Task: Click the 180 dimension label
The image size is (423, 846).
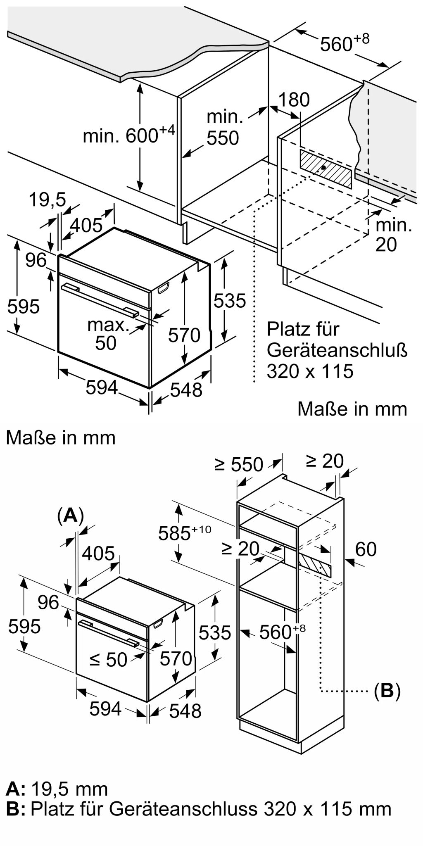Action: click(294, 100)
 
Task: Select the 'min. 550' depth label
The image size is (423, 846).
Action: click(223, 128)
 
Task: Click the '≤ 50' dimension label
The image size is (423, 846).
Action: click(109, 659)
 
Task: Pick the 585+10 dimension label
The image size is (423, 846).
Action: click(185, 533)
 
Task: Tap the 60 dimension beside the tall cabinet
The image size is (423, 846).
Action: click(366, 549)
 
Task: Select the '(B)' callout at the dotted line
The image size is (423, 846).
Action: click(387, 691)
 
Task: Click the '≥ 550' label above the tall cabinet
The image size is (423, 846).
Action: click(239, 464)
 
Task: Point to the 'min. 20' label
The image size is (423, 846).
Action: click(394, 235)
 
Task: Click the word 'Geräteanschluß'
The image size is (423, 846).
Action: click(337, 351)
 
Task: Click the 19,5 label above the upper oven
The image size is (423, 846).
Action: click(48, 200)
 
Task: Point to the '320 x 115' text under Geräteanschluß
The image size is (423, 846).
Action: click(310, 371)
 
